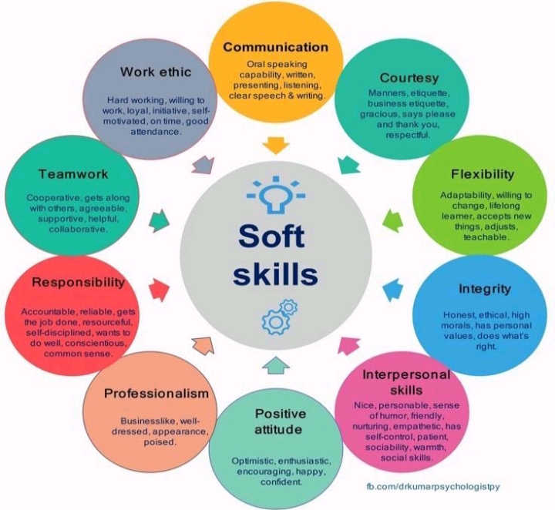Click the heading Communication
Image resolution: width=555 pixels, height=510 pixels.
click(x=275, y=47)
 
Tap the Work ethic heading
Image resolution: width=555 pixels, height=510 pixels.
click(x=156, y=72)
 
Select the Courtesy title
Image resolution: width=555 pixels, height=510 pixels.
click(x=409, y=78)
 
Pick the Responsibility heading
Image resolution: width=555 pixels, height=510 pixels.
click(x=78, y=283)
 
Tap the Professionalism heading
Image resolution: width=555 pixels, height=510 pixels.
click(x=156, y=394)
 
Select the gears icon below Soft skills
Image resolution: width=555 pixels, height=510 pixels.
click(x=279, y=317)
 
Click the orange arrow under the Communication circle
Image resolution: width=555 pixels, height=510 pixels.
click(x=274, y=145)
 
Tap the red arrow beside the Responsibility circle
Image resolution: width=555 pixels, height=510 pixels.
click(x=158, y=290)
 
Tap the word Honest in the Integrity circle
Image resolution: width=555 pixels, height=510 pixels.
click(x=459, y=315)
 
